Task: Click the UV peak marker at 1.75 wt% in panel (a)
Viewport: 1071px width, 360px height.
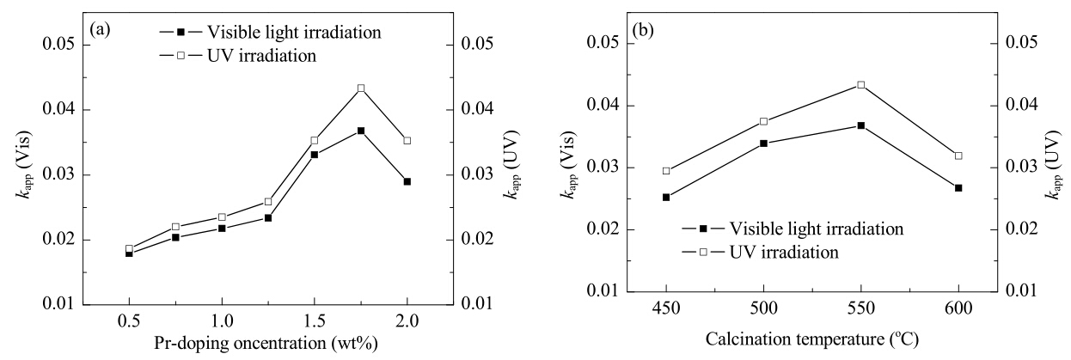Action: (x=361, y=88)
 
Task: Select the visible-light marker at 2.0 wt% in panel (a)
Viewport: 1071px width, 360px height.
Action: (x=407, y=181)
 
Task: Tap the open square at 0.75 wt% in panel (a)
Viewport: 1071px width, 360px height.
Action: (x=175, y=227)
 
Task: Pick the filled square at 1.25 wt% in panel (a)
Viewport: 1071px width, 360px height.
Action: (x=268, y=218)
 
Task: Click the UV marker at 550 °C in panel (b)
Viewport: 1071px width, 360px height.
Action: (x=861, y=85)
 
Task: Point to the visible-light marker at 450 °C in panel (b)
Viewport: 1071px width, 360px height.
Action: (x=666, y=197)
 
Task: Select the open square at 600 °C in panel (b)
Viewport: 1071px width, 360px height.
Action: (x=958, y=156)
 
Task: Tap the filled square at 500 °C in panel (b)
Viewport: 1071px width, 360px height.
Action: (x=763, y=143)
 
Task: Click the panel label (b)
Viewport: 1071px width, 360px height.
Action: (x=643, y=31)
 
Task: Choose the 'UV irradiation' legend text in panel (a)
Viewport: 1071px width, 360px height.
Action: (x=261, y=56)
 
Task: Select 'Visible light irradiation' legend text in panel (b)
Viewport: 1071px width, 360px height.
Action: (x=817, y=229)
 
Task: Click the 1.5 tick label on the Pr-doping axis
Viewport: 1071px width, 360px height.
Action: (x=314, y=320)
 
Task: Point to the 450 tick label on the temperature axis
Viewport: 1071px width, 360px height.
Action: (x=666, y=308)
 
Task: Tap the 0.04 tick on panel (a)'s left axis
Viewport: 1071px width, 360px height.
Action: (x=59, y=109)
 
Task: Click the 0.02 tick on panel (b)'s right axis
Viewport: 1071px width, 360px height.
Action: (x=1022, y=229)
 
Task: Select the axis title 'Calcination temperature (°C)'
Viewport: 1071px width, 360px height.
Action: (x=812, y=339)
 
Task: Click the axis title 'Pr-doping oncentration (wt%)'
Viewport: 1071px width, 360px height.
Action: (x=266, y=344)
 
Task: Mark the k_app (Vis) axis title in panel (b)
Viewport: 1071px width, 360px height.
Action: (x=569, y=164)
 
